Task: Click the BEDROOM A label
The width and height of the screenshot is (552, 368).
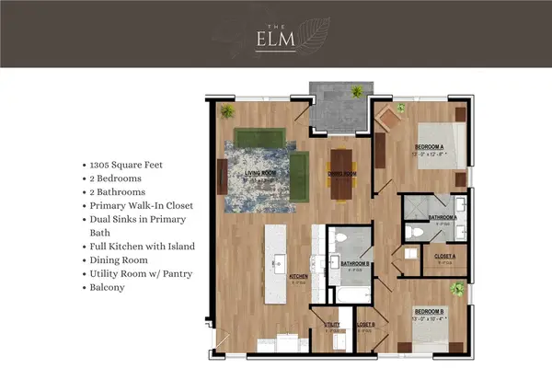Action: click(430, 147)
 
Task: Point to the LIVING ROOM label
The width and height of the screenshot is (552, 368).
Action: click(262, 172)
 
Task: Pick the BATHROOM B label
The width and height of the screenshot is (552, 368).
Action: click(354, 264)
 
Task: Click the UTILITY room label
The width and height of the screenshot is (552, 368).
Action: click(332, 323)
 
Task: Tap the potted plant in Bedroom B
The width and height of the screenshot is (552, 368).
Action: click(454, 290)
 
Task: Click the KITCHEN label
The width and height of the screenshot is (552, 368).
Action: click(298, 276)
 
